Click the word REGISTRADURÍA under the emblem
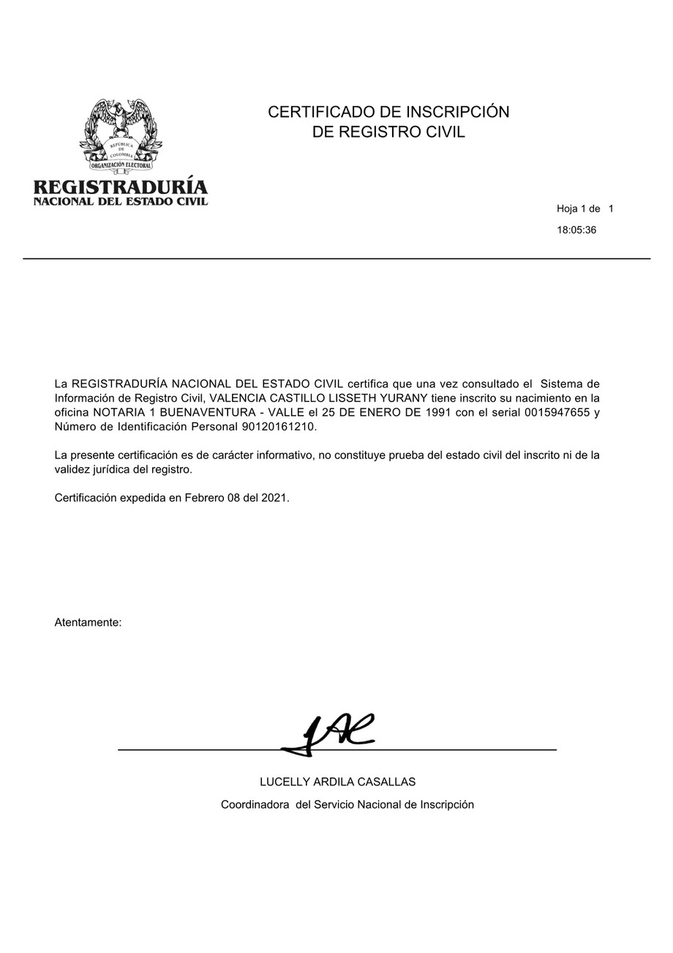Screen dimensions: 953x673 tap(121, 187)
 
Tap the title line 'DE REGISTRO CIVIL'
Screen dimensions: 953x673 tap(388, 132)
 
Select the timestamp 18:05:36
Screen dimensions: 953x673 tap(576, 230)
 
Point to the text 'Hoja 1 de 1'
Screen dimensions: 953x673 tap(584, 209)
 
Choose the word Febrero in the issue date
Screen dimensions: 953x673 tap(204, 498)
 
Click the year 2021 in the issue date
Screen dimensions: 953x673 tap(274, 498)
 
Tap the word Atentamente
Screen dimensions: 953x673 tap(88, 622)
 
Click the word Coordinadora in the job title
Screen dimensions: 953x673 tap(255, 804)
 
